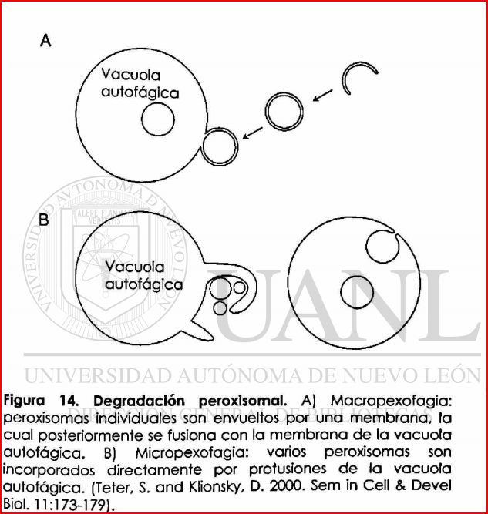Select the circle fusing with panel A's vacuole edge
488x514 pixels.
coord(218,143)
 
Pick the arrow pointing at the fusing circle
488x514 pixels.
coord(251,133)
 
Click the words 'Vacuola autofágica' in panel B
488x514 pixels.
coord(136,275)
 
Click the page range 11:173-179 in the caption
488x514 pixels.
coord(72,503)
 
